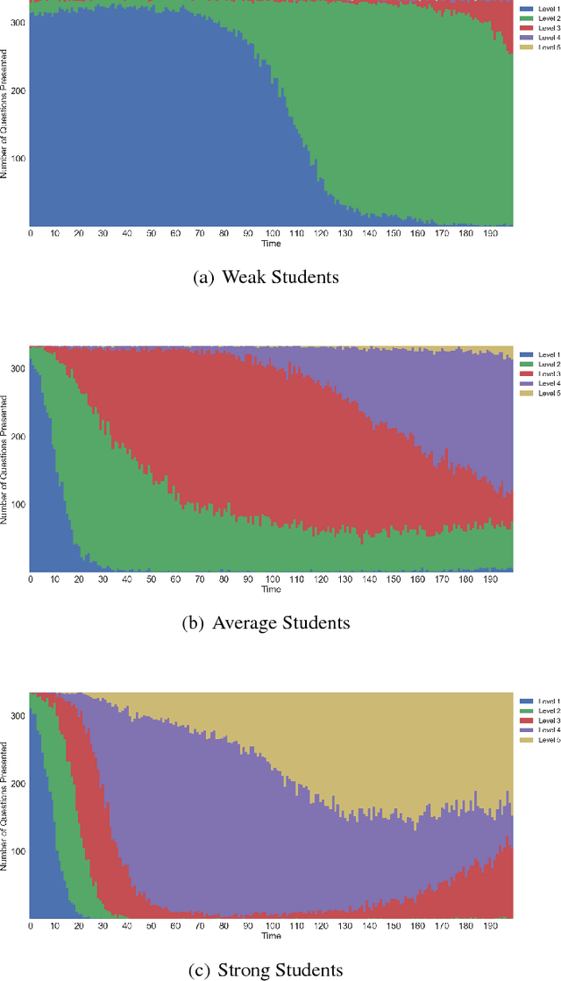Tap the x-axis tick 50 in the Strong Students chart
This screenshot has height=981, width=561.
coord(152,925)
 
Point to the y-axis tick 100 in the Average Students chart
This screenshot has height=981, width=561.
coord(18,504)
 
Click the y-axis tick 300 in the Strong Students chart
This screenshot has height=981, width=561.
coord(18,714)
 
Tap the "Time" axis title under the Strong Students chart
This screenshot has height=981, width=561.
coord(271,935)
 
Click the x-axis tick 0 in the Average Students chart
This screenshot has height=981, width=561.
coord(31,579)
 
